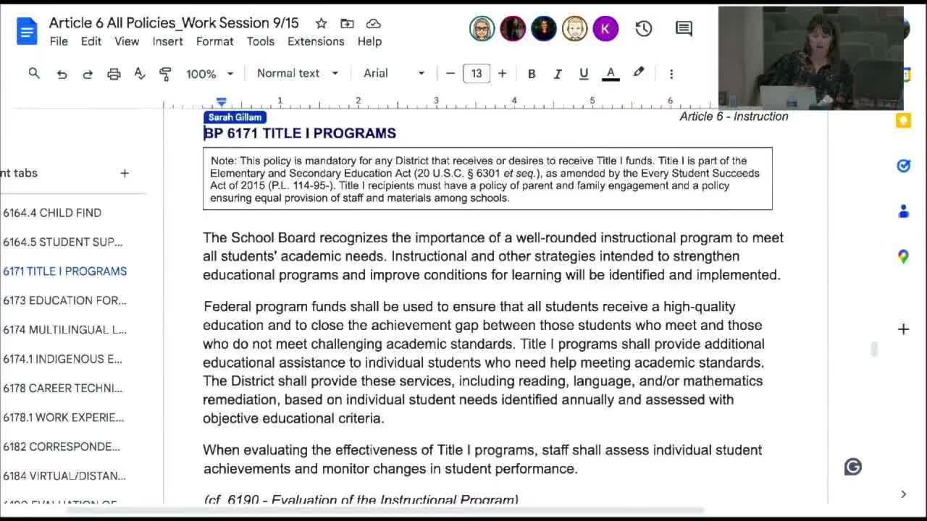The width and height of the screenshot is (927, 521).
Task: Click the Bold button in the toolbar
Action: pyautogui.click(x=532, y=74)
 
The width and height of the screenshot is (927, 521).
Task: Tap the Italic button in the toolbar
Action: pyautogui.click(x=558, y=74)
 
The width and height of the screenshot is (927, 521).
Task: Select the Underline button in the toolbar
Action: pyautogui.click(x=584, y=74)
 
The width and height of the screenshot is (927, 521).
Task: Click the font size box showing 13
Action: pyautogui.click(x=477, y=74)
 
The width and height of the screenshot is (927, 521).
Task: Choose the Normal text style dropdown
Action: pyautogui.click(x=297, y=74)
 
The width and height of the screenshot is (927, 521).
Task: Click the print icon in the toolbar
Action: pyautogui.click(x=114, y=74)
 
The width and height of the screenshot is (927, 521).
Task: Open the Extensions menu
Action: pyautogui.click(x=316, y=41)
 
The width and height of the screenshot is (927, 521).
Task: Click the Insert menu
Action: pyautogui.click(x=167, y=41)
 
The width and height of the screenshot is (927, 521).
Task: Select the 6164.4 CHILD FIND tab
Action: pyautogui.click(x=52, y=213)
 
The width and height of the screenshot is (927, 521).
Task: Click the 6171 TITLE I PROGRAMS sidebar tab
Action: pyautogui.click(x=64, y=271)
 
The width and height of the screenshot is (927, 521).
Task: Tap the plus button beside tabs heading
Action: pyautogui.click(x=125, y=173)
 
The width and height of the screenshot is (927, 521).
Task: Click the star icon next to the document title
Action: pyautogui.click(x=321, y=23)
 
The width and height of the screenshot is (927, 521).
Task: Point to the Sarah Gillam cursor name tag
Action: pyautogui.click(x=235, y=117)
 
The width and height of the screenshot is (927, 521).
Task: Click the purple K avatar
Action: pyautogui.click(x=605, y=29)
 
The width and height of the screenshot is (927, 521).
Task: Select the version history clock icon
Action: pyautogui.click(x=644, y=29)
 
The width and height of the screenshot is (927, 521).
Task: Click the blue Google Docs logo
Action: pyautogui.click(x=27, y=32)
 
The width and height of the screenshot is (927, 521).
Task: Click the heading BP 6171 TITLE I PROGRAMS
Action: pyautogui.click(x=300, y=133)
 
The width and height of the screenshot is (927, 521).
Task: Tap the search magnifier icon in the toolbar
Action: pyautogui.click(x=34, y=74)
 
